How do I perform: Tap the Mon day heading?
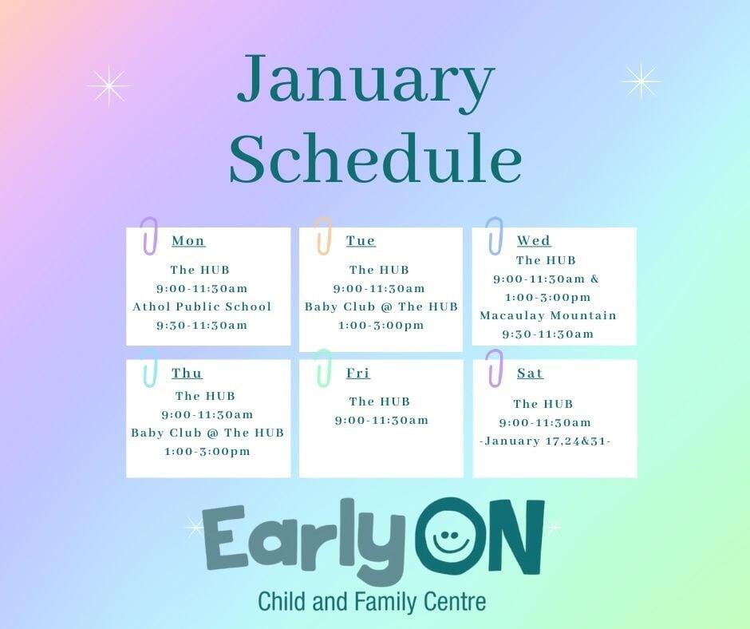click(188, 241)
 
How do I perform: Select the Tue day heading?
click(361, 241)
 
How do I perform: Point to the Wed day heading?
click(534, 241)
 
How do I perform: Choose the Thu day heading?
click(187, 374)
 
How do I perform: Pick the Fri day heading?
click(358, 374)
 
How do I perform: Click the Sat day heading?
click(530, 374)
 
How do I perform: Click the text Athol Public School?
click(202, 307)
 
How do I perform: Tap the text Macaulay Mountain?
click(548, 315)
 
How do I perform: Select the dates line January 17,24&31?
click(545, 441)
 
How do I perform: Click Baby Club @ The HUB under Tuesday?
click(381, 307)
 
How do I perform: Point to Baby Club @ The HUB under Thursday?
click(207, 433)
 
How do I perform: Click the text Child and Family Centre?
click(371, 600)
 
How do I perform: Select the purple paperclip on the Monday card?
click(149, 236)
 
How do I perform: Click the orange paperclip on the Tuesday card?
click(322, 236)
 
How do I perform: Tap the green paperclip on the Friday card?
click(322, 368)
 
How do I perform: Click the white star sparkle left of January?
click(109, 85)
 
